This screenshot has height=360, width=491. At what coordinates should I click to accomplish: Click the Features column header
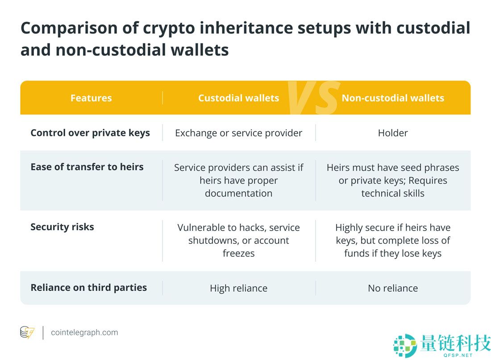tap(91, 98)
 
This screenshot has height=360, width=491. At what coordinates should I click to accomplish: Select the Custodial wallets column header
tap(239, 98)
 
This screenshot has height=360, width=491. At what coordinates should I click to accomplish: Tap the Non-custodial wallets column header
tap(393, 98)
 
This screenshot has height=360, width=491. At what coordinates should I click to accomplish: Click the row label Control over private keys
tap(90, 133)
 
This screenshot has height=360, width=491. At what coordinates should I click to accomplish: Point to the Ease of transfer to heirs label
tap(87, 167)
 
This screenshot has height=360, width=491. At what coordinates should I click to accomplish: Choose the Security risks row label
tap(62, 227)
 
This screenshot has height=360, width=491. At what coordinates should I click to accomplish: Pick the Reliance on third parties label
tap(89, 288)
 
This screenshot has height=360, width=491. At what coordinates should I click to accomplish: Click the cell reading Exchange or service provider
tap(239, 133)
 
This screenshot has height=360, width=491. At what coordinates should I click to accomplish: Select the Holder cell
tap(393, 133)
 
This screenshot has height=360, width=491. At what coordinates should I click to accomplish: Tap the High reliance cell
tap(239, 288)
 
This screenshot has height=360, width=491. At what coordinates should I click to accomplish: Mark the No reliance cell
tap(393, 288)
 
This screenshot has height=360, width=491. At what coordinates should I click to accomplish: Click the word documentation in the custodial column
tap(239, 193)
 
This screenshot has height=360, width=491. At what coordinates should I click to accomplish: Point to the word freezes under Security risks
tap(239, 253)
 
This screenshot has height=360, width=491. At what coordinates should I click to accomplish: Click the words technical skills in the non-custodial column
tap(393, 193)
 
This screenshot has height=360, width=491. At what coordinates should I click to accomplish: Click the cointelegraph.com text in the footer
tap(84, 332)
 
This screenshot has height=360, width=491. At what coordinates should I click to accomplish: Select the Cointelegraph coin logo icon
tap(27, 332)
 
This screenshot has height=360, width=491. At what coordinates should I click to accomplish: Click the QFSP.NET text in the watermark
tap(458, 355)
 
